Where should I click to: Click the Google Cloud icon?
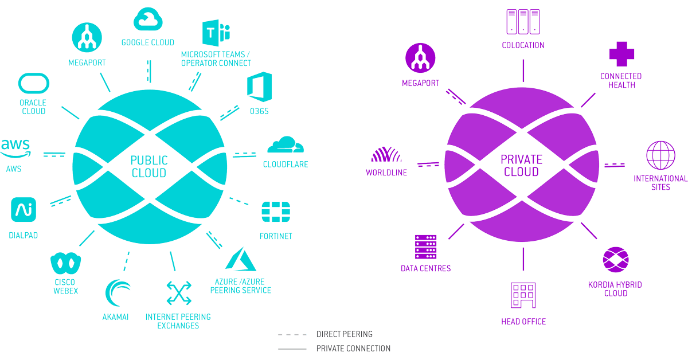pos(148,19)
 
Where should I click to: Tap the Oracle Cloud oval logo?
pos(34,84)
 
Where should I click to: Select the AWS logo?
pos(15,148)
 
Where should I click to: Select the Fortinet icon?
pos(275,213)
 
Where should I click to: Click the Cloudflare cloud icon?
pos(285,146)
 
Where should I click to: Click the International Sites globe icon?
pos(660,155)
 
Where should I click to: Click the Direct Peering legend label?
pos(344,334)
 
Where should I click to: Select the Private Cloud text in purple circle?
pos(520,166)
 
